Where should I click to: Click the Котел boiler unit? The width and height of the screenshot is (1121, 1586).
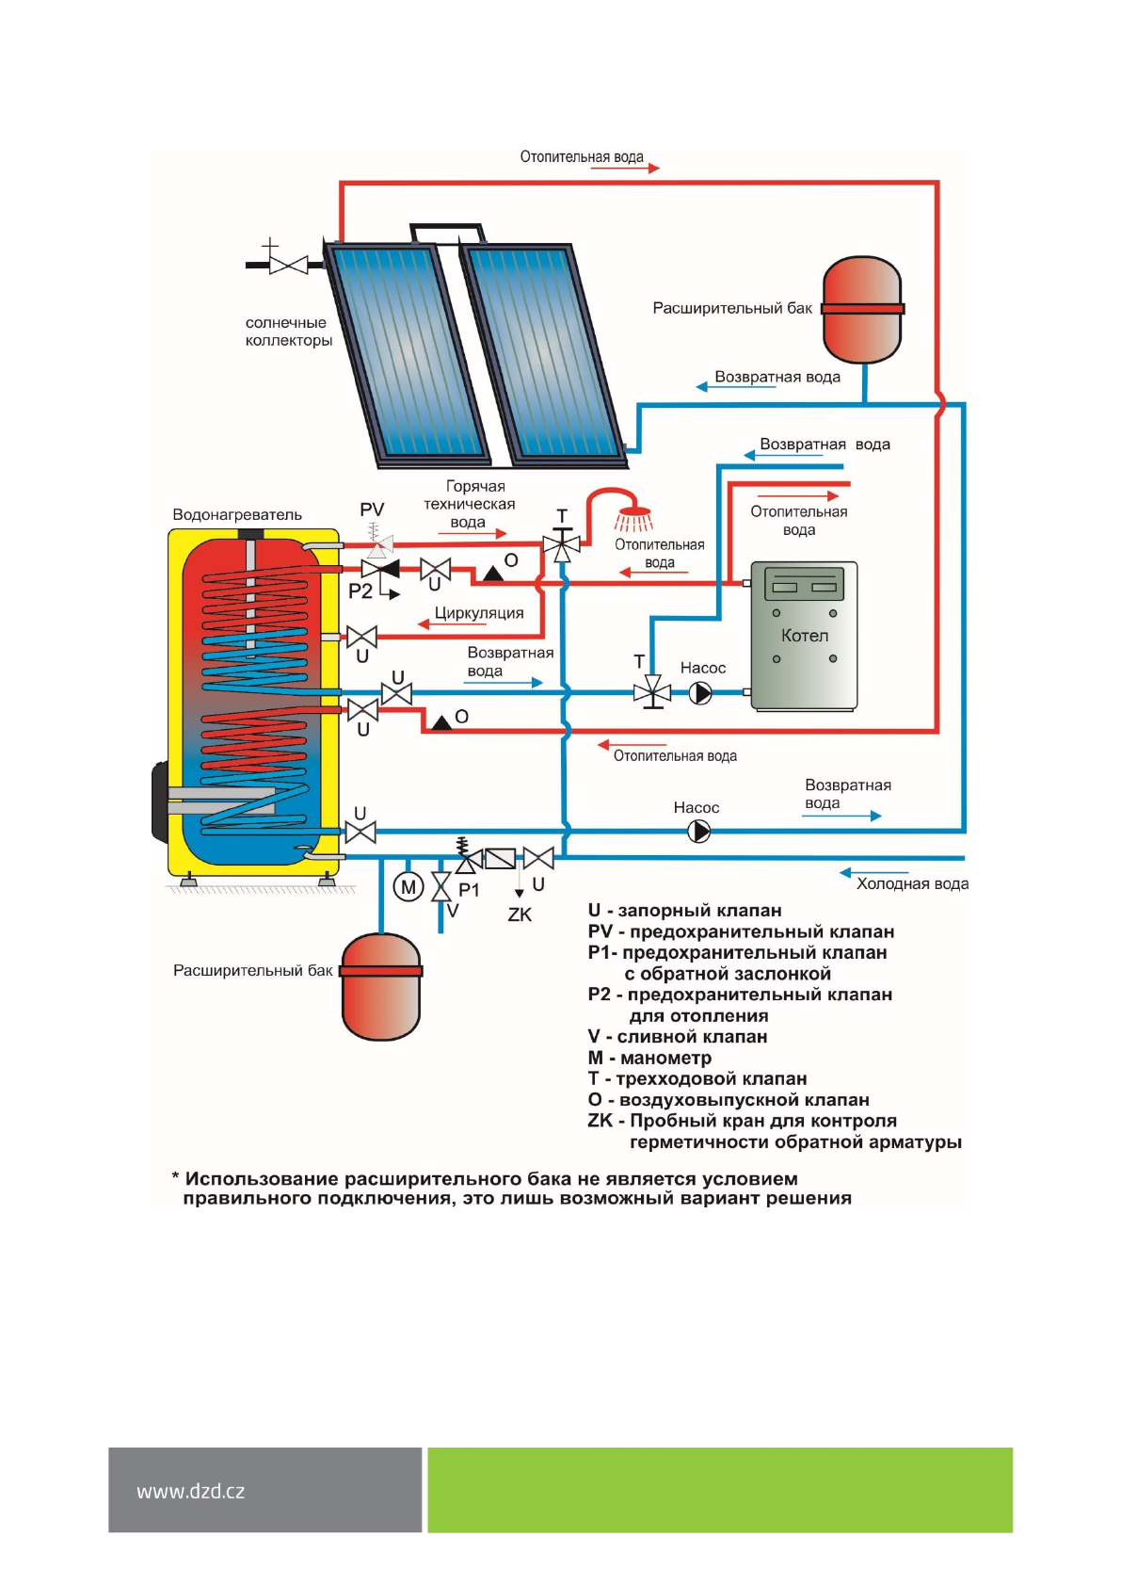(804, 635)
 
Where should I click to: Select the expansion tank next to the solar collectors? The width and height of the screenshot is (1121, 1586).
(862, 309)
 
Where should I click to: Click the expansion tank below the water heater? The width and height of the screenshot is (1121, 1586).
(380, 986)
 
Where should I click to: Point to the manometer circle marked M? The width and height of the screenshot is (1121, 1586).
(408, 886)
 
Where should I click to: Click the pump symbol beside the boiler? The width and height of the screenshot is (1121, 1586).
(699, 693)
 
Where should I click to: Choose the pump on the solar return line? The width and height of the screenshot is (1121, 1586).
(698, 832)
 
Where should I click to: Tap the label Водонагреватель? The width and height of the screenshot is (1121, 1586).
(237, 515)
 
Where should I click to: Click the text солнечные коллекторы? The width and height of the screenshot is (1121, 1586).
(288, 332)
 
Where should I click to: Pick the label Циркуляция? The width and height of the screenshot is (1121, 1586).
(479, 613)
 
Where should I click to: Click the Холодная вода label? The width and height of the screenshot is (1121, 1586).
(911, 883)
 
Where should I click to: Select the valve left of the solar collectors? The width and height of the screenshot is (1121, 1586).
(287, 265)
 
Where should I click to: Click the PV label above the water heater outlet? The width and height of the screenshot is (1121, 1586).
(372, 510)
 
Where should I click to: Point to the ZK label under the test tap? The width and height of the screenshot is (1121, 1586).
(520, 914)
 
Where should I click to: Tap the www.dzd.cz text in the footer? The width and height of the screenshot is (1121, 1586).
(190, 1491)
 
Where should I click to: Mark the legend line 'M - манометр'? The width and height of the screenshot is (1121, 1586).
(649, 1058)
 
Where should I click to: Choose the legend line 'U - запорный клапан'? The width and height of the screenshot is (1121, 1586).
(684, 911)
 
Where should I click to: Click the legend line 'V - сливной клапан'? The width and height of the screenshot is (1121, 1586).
(677, 1037)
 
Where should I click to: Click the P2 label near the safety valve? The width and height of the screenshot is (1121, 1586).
(360, 591)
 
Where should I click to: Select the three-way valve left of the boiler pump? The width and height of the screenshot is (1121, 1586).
(652, 693)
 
